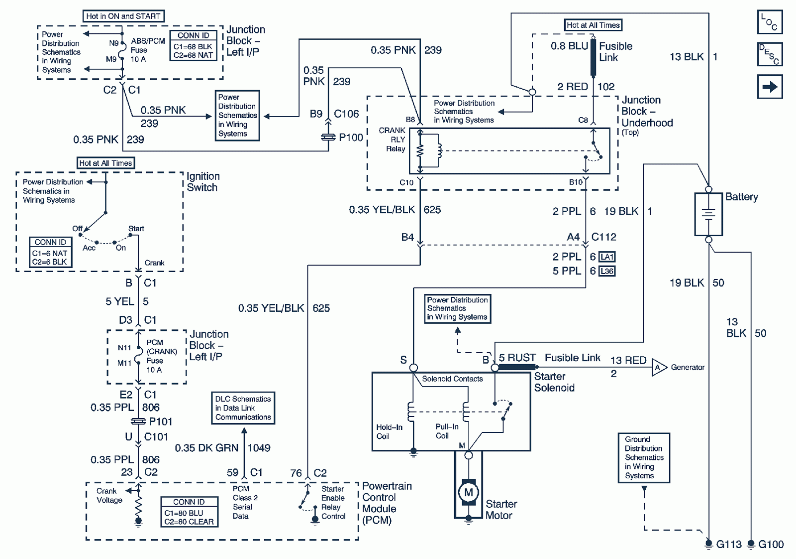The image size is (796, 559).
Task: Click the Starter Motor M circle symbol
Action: [x=468, y=492]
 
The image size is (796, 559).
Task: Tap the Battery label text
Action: [x=741, y=197]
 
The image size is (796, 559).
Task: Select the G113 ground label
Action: [x=728, y=545]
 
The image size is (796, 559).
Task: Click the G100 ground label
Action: [x=771, y=545]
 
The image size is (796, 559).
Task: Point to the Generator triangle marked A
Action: [x=659, y=368]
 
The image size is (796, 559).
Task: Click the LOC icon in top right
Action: [x=770, y=22]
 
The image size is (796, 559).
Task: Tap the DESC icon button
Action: [x=770, y=54]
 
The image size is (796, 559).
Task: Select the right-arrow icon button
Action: [x=770, y=87]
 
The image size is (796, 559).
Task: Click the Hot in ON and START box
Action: [x=123, y=16]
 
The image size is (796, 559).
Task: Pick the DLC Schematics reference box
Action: [x=243, y=408]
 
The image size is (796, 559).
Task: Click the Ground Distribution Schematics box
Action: [x=644, y=457]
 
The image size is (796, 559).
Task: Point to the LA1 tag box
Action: [x=606, y=257]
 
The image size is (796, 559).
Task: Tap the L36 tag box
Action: [x=606, y=272]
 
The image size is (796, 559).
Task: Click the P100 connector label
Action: [x=351, y=138]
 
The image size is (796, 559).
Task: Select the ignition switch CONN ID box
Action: [x=50, y=252]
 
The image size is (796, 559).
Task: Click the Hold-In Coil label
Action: [x=389, y=431]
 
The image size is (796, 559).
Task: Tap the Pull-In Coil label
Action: [x=447, y=431]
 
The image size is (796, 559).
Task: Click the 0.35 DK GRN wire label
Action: [x=206, y=448]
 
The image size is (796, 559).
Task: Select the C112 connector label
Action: [x=603, y=237]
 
